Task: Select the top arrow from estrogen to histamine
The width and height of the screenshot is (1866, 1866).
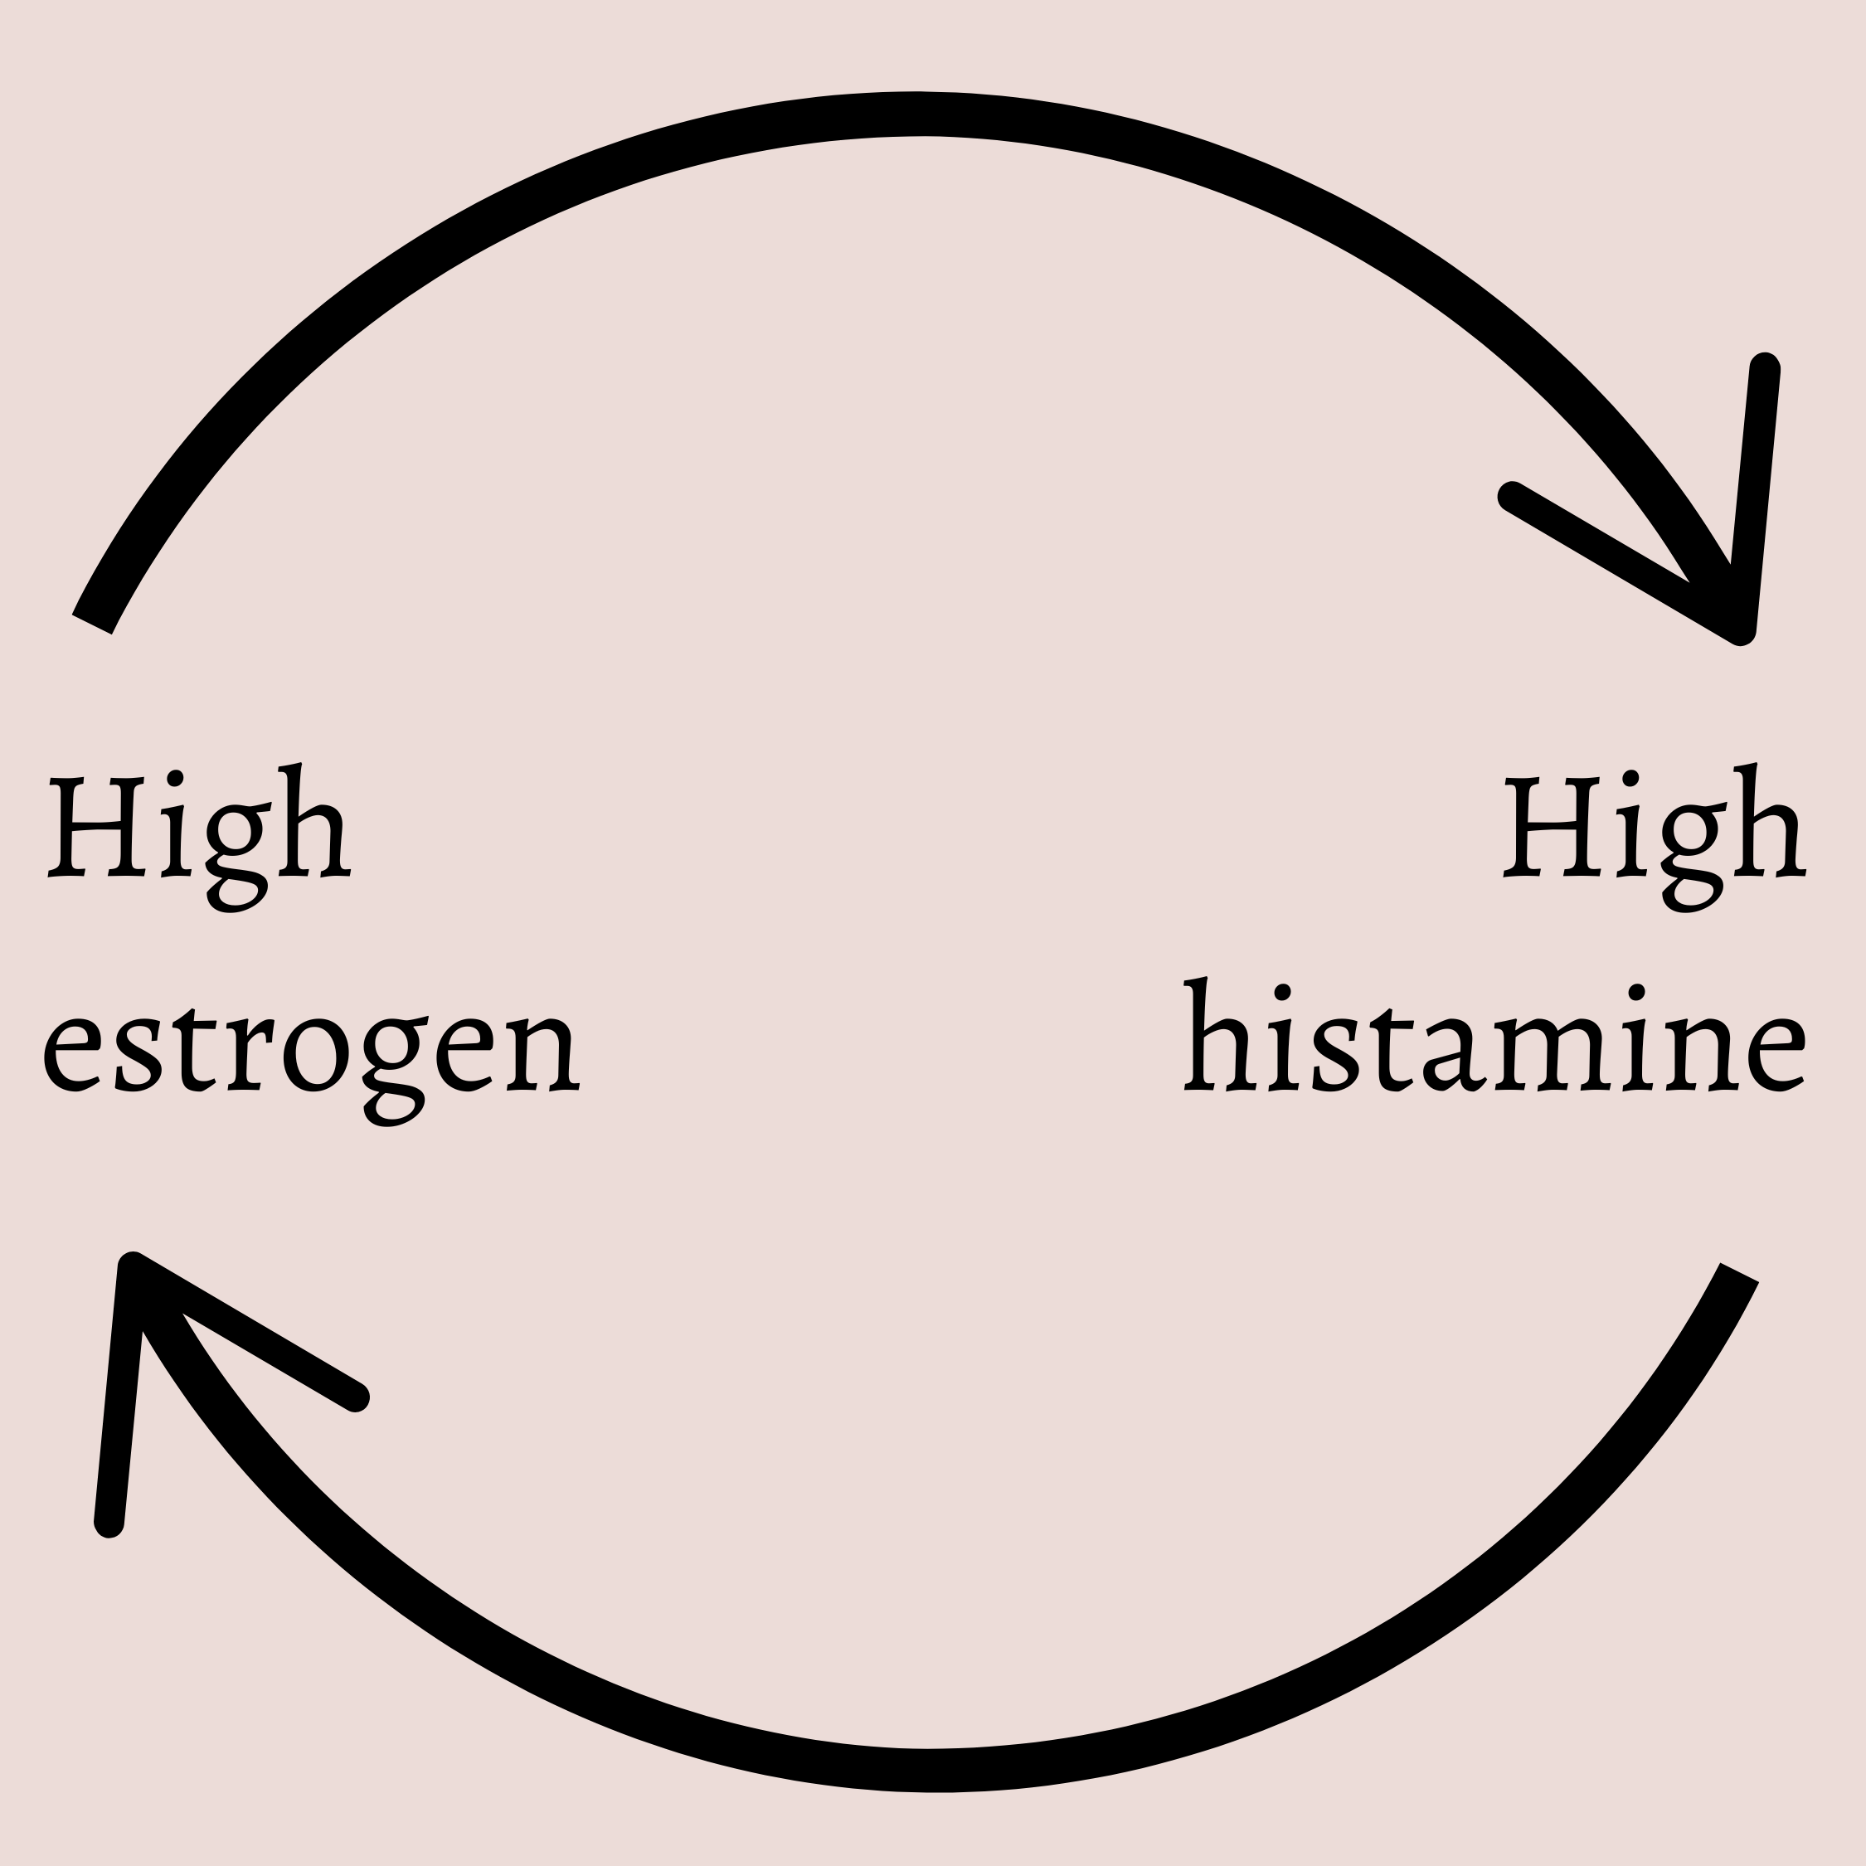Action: click(917, 114)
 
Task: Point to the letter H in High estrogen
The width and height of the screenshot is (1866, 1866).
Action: click(96, 827)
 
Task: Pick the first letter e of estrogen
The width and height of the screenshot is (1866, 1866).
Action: click(72, 1056)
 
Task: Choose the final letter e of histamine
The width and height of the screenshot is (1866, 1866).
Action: click(1777, 1056)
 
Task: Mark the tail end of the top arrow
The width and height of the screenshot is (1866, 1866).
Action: click(93, 623)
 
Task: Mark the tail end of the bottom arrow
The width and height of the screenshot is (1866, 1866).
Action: click(1738, 1273)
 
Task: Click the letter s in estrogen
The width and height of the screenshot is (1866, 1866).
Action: click(138, 1056)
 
